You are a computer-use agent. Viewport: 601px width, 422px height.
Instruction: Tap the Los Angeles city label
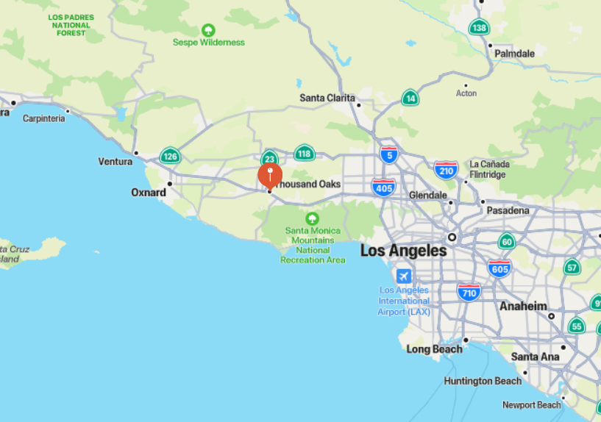tap(403, 251)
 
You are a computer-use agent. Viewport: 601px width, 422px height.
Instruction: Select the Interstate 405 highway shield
tap(383, 187)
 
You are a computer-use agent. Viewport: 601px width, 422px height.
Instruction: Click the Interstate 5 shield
tap(389, 154)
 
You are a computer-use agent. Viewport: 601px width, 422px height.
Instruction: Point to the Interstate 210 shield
tap(446, 171)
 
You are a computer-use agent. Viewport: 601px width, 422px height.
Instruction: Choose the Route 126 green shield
tap(170, 156)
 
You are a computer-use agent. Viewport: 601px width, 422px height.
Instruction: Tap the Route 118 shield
tap(304, 153)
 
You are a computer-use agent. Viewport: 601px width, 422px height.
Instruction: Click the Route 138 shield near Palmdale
tap(479, 28)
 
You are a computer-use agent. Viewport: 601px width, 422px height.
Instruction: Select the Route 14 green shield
tap(410, 98)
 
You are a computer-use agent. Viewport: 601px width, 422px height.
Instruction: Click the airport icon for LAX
tap(403, 276)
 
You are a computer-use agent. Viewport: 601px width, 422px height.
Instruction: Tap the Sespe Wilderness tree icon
tap(208, 30)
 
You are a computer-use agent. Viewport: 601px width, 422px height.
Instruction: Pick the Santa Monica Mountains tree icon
tap(313, 218)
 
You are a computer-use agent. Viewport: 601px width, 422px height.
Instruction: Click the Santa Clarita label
tap(327, 98)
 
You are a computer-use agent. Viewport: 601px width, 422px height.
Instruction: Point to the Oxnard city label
tap(148, 193)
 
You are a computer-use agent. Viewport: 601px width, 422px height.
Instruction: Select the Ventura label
tap(115, 161)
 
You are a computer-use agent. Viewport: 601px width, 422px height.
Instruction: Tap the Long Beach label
tap(434, 348)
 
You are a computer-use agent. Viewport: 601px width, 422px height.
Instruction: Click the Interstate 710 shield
tap(469, 293)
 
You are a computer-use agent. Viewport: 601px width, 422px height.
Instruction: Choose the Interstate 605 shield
tap(499, 268)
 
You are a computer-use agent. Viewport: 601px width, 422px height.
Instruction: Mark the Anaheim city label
tap(523, 307)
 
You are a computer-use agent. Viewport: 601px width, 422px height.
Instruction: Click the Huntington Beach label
tap(483, 381)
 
